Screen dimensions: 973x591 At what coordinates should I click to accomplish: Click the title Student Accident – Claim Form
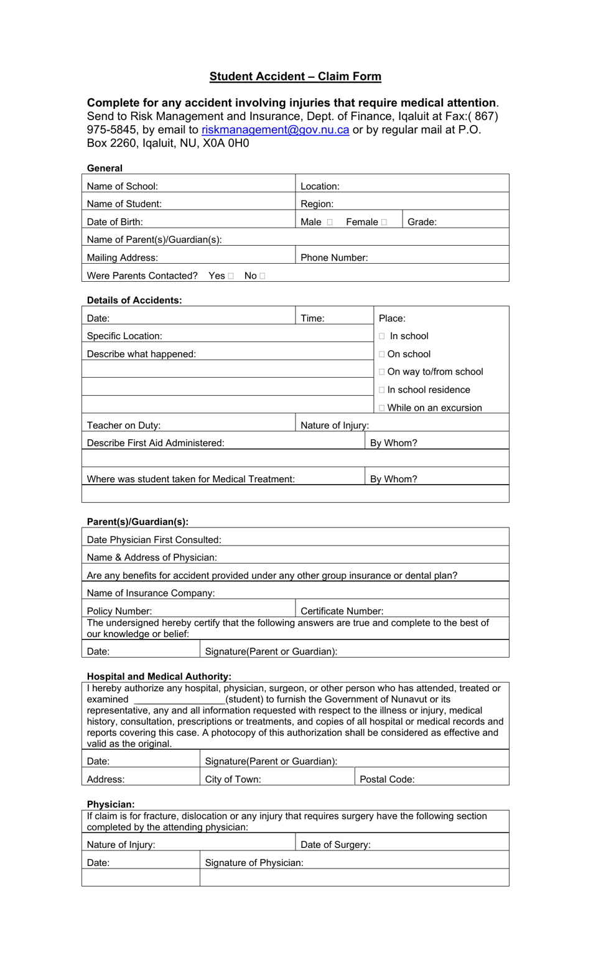click(x=295, y=77)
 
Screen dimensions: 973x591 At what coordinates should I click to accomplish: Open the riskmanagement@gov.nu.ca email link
click(x=275, y=130)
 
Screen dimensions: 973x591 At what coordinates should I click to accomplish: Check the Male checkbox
click(x=330, y=222)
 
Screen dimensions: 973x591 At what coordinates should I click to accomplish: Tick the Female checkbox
click(x=384, y=222)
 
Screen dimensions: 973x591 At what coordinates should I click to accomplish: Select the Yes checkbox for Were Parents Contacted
click(x=231, y=276)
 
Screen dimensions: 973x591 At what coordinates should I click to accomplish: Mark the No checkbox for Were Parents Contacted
click(x=263, y=276)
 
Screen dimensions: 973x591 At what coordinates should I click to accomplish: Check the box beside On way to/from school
click(x=382, y=372)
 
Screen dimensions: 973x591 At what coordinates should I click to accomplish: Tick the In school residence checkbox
click(x=382, y=390)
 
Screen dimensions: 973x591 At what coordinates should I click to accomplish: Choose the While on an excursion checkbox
click(x=382, y=408)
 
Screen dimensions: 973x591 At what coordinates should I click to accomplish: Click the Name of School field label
click(x=123, y=186)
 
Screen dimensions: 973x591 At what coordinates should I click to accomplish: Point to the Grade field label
click(x=422, y=222)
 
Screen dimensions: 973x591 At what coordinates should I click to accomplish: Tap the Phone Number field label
click(x=334, y=258)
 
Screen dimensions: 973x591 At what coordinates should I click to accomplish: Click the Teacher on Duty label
click(x=124, y=426)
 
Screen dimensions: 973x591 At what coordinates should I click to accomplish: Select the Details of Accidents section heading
click(x=134, y=300)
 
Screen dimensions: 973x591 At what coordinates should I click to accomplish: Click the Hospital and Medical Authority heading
click(x=159, y=676)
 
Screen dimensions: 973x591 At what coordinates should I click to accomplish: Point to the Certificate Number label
click(x=342, y=611)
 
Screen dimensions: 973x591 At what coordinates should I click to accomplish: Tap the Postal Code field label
click(x=387, y=779)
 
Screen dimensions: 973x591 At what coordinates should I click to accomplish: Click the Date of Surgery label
click(x=335, y=845)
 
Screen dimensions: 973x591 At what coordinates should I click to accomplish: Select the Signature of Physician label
click(x=254, y=863)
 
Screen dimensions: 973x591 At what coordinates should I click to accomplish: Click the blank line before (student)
click(x=179, y=700)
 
